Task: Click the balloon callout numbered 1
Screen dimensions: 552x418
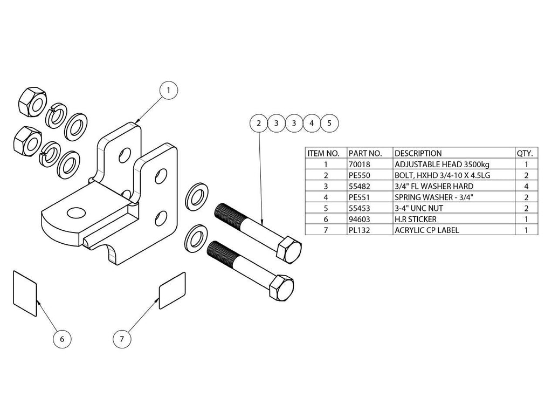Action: click(168, 91)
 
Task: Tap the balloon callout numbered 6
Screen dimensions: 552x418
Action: click(62, 339)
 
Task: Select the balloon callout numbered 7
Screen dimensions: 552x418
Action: click(122, 339)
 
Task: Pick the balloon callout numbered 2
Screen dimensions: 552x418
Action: click(259, 124)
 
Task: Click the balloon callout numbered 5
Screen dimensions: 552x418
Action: click(329, 124)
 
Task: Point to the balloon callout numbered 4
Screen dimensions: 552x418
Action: click(312, 124)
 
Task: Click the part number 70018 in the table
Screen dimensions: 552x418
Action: click(359, 165)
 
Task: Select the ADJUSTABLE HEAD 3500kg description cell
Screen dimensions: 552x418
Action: click(442, 165)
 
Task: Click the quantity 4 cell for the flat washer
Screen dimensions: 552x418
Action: click(526, 186)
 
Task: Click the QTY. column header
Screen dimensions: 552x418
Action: click(525, 154)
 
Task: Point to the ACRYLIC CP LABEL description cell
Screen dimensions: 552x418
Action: click(427, 230)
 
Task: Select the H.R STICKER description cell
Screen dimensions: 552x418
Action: click(416, 220)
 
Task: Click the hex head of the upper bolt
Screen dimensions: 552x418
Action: click(289, 249)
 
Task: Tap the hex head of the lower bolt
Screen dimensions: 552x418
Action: click(281, 287)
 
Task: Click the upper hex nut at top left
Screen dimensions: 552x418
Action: click(32, 101)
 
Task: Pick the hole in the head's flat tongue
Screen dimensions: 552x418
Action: click(77, 213)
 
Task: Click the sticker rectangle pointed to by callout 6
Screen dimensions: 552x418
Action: click(25, 293)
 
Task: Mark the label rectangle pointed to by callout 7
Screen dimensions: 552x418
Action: click(172, 291)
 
